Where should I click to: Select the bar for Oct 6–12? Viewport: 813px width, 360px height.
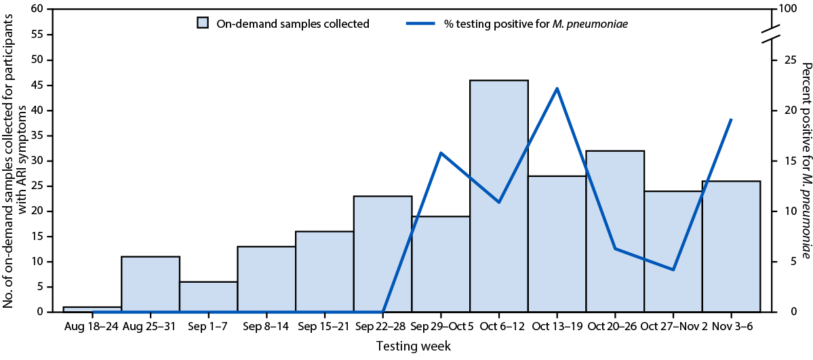pyautogui.click(x=499, y=196)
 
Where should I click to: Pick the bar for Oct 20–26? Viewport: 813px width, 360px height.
pyautogui.click(x=615, y=231)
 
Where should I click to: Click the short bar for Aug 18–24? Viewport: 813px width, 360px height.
pyautogui.click(x=92, y=309)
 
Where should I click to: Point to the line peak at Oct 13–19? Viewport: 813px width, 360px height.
pyautogui.click(x=557, y=88)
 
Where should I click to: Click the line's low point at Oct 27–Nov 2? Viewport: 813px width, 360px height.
pyautogui.click(x=673, y=270)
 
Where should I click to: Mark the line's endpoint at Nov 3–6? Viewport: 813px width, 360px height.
pyautogui.click(x=732, y=119)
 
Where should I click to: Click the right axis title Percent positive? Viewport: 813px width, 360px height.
pyautogui.click(x=806, y=161)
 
